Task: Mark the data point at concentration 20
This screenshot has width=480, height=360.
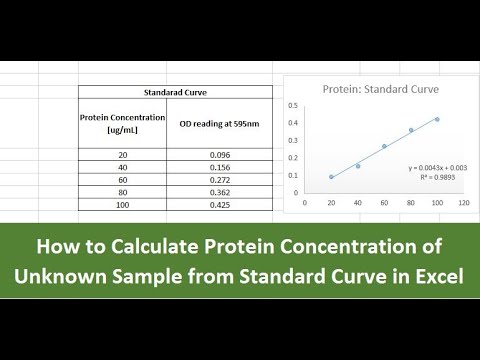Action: pos(332,177)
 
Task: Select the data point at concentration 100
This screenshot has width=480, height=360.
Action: pos(437,119)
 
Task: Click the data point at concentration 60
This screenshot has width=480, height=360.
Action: pos(384,146)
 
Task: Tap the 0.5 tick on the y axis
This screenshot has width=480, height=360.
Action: pos(293,105)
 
